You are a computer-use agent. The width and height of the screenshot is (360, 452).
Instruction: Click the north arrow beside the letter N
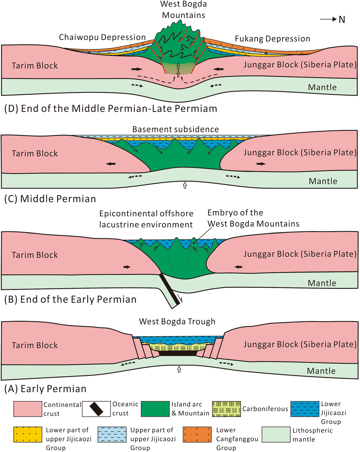(x=328, y=19)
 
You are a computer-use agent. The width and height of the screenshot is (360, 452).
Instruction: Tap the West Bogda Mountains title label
(x=183, y=9)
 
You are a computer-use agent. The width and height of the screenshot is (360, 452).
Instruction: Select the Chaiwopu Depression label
(x=102, y=37)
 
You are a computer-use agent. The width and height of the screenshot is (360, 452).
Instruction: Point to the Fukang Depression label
(x=272, y=39)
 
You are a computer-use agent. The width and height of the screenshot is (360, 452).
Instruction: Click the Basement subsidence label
(x=175, y=129)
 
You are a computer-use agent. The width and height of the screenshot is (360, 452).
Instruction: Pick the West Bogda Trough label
(x=177, y=321)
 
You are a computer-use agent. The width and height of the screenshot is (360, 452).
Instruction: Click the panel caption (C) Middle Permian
(x=50, y=199)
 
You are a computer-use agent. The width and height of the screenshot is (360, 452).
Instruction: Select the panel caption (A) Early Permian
(x=45, y=388)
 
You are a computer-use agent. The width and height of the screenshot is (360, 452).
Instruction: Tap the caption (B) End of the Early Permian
(x=70, y=299)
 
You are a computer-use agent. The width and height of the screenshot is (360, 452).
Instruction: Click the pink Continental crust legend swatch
(x=28, y=409)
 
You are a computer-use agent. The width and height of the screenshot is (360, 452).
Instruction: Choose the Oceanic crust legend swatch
(x=96, y=409)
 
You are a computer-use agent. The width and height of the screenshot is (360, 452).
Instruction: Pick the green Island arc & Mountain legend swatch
(x=155, y=409)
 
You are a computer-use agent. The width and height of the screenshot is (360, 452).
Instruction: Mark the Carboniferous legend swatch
(x=226, y=409)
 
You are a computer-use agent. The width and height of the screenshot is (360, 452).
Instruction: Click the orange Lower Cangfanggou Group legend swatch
(x=197, y=434)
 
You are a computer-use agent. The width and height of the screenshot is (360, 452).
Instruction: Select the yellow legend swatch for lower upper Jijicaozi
(x=28, y=434)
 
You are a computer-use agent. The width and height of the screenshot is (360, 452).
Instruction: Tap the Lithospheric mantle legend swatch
(x=276, y=434)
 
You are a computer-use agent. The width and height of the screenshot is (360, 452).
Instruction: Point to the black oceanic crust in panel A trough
(x=178, y=353)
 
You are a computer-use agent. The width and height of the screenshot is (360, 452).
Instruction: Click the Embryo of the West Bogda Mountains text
(x=253, y=218)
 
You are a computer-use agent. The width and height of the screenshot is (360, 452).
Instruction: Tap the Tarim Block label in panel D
(x=35, y=66)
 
